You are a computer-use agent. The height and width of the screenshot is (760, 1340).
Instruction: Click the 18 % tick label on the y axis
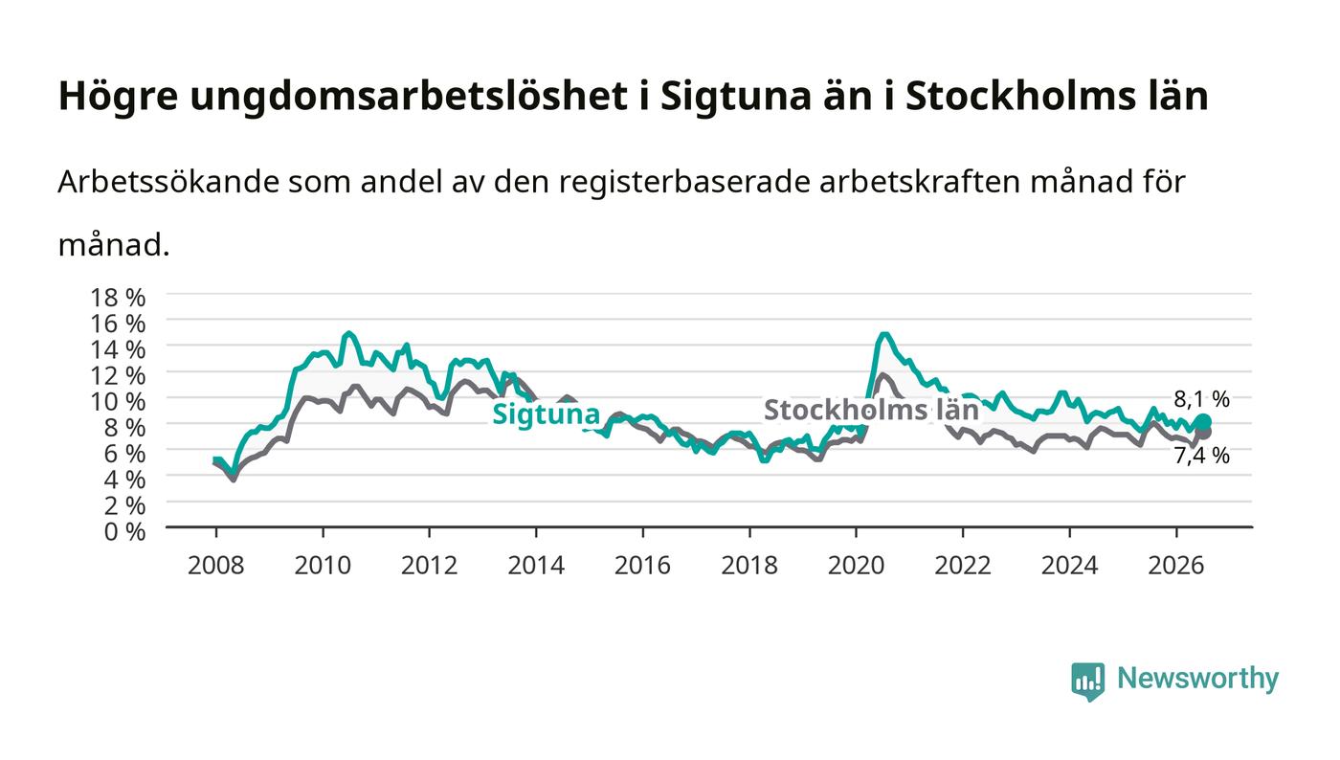click(117, 298)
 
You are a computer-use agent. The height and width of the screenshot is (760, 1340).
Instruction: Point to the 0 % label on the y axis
click(124, 531)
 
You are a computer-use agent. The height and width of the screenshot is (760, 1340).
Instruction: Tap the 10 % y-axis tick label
click(117, 402)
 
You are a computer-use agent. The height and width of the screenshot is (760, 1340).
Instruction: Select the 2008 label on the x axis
click(216, 566)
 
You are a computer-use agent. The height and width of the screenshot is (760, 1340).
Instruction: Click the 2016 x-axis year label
click(642, 566)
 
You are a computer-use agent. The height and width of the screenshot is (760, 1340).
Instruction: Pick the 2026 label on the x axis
click(1176, 566)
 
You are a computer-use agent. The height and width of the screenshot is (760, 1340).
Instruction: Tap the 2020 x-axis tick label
click(856, 566)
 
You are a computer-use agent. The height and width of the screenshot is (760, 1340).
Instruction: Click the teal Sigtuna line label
click(546, 414)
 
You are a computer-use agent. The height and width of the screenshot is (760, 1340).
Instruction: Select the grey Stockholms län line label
click(872, 410)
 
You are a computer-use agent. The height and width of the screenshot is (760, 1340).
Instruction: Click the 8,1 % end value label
click(1202, 399)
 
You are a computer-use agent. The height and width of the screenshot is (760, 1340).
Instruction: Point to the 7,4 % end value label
click(1202, 456)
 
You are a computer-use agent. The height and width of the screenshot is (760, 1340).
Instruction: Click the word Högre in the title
click(118, 97)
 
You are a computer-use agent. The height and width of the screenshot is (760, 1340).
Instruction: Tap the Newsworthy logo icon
click(1088, 682)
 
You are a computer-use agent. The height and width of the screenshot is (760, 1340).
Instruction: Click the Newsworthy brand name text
click(1197, 679)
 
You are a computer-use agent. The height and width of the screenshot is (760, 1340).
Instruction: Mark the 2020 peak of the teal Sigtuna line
click(884, 334)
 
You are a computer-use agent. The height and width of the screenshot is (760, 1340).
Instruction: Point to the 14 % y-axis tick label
click(117, 349)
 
